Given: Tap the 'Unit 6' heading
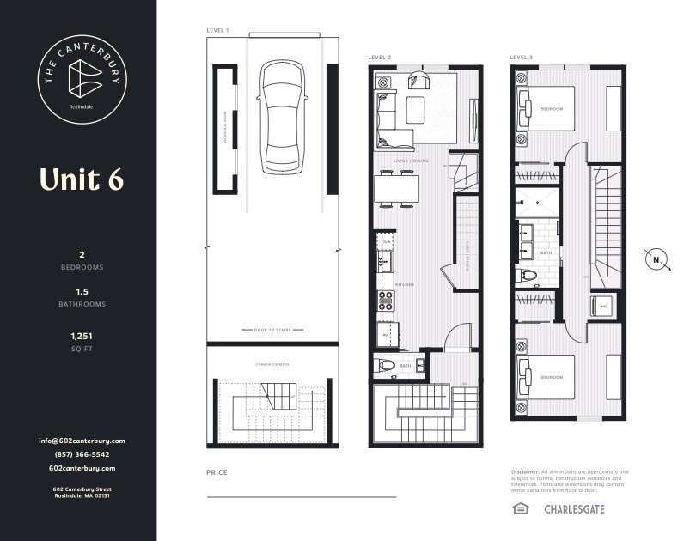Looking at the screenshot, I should coord(81,179).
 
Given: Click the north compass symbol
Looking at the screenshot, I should coord(656,259).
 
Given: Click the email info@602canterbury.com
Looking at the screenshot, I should coord(82,441).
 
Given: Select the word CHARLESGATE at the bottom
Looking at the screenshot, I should coord(574,509).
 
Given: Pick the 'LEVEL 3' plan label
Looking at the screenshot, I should coord(521,58).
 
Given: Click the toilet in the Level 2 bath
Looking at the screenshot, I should coord(388,365).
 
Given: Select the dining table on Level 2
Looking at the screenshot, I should coord(396,188).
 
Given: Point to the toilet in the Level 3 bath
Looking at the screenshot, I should coord(528,276).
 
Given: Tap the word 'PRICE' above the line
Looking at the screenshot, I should coord(216,472).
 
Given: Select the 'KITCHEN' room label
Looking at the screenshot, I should coord(405,284).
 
